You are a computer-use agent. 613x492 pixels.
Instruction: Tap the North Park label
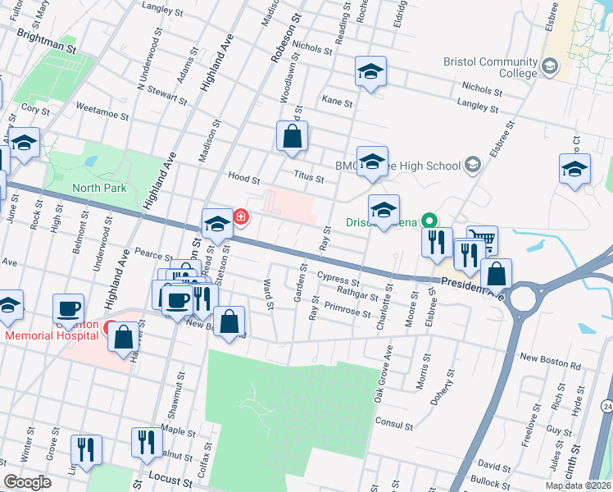[x=99, y=188]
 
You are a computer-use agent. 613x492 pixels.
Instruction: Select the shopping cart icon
[x=483, y=239]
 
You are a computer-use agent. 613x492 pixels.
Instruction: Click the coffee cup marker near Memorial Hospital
[x=68, y=308]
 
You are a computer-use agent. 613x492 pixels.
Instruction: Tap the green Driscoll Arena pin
[x=427, y=221]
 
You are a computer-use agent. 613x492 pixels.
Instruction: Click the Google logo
[x=26, y=482]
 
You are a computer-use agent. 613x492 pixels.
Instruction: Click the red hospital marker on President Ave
[x=241, y=217]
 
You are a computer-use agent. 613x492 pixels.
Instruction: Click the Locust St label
[x=170, y=478]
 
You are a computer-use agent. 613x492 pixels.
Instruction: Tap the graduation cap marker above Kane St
[x=370, y=72]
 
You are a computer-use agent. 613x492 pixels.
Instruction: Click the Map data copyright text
[x=579, y=485]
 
